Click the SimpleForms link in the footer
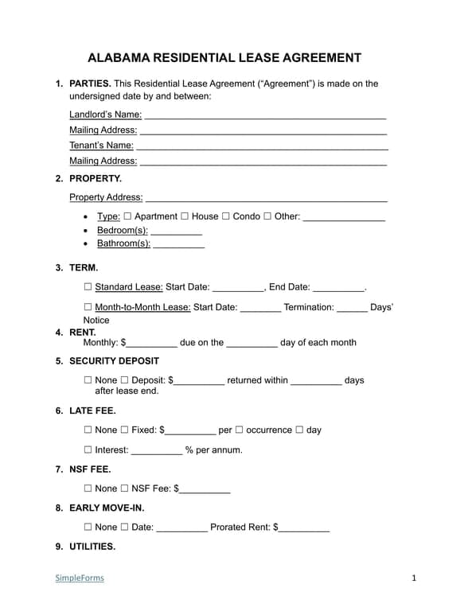80,578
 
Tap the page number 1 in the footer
414,578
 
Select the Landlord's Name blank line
264,115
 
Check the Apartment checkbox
127,216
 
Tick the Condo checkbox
226,216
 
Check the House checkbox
185,216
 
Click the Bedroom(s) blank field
176,232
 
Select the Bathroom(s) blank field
178,245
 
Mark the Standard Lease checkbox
88,287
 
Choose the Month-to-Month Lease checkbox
88,307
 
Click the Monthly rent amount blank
151,344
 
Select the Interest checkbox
88,449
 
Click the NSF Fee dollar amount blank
205,489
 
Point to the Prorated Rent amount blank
304,527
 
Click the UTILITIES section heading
92,547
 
